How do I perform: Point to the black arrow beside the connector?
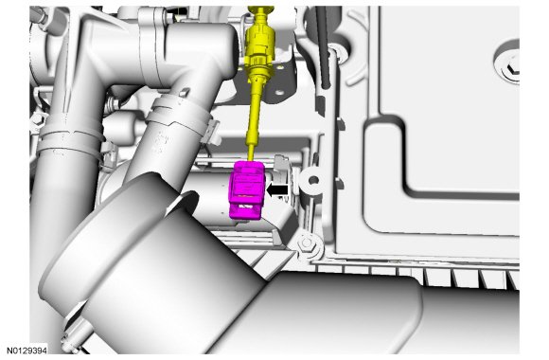(x=277, y=190)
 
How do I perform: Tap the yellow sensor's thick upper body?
(x=259, y=41)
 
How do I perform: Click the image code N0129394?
(x=27, y=351)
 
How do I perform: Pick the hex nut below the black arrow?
(x=307, y=243)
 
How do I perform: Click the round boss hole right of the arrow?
(x=313, y=180)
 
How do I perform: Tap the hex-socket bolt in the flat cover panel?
(x=512, y=69)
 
